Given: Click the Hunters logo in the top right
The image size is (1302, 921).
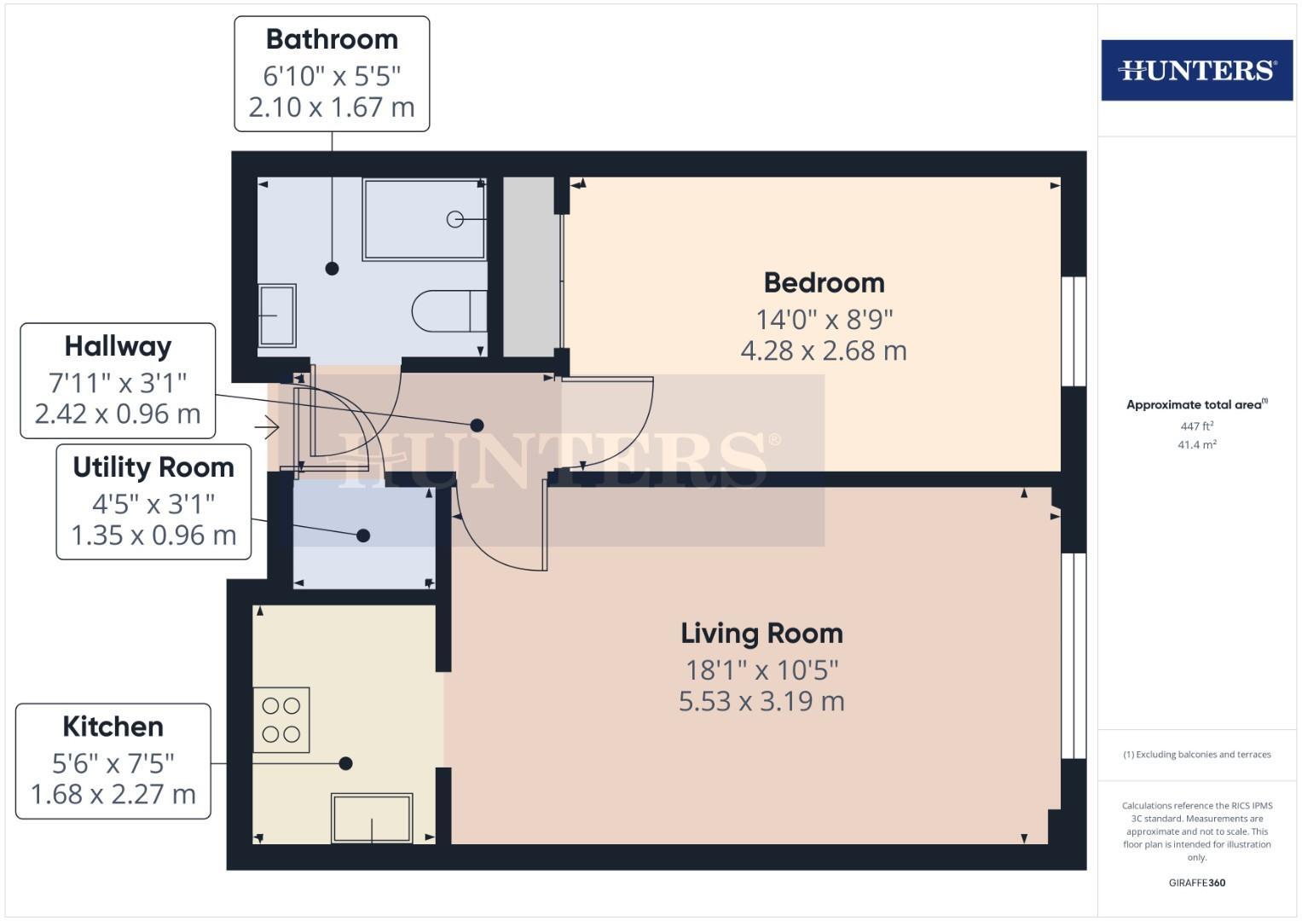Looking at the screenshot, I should [1196, 70].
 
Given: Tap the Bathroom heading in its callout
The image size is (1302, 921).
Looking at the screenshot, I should [332, 39].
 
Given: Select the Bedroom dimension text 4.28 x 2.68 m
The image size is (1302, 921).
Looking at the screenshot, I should [824, 350].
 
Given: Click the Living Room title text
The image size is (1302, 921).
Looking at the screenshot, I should [761, 633].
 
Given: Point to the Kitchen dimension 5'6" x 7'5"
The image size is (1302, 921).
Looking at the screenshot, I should [113, 762].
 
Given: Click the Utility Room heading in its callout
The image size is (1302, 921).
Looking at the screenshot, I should [153, 467].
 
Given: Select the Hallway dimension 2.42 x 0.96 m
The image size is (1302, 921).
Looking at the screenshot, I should [118, 414].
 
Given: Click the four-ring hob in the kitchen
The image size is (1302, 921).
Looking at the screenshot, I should [281, 720].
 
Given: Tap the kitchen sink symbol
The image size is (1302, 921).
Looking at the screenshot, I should [372, 818].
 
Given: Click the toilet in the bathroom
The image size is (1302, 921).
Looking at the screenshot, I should [448, 311].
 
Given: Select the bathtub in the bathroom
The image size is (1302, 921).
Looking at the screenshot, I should [424, 219].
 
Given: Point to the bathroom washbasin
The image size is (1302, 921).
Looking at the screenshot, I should [277, 316].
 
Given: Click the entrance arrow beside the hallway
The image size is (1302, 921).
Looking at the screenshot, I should [268, 426].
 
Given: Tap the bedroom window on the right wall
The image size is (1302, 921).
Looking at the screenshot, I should [1074, 331].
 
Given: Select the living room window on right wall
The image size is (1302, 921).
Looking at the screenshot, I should [1074, 655].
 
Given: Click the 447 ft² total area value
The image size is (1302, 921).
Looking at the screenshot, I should [1196, 426].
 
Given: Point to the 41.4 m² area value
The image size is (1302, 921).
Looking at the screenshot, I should [1196, 445].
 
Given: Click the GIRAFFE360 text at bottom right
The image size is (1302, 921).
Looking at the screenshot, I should [1196, 883].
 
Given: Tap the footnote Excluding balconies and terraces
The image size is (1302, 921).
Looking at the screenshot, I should [1196, 755].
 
